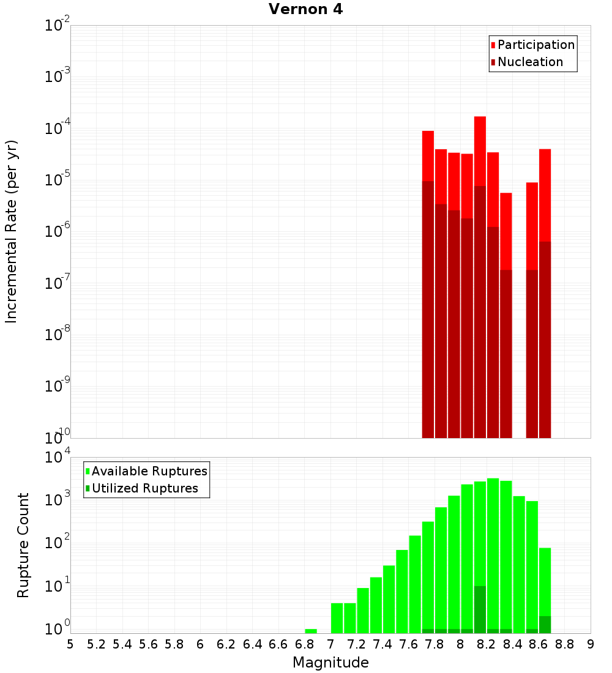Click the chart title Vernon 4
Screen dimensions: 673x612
click(306, 10)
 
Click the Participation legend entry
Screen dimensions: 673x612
click(535, 45)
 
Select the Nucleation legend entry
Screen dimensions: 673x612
click(529, 62)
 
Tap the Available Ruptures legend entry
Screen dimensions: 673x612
click(149, 471)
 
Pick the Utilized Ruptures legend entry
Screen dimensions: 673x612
click(144, 488)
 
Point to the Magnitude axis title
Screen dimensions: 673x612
click(330, 663)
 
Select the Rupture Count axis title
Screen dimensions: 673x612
click(23, 545)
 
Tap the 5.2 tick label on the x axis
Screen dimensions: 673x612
click(97, 644)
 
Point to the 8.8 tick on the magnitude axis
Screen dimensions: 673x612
click(565, 644)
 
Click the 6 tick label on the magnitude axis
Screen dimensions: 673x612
click(200, 644)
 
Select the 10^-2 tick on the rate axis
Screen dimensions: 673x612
click(58, 26)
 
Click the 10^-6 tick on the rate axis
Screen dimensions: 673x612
click(58, 231)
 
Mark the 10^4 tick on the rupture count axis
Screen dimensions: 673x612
click(58, 458)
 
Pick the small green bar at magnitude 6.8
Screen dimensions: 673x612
click(311, 631)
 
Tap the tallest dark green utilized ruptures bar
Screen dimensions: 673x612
click(480, 609)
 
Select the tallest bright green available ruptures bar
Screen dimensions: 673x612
click(493, 551)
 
